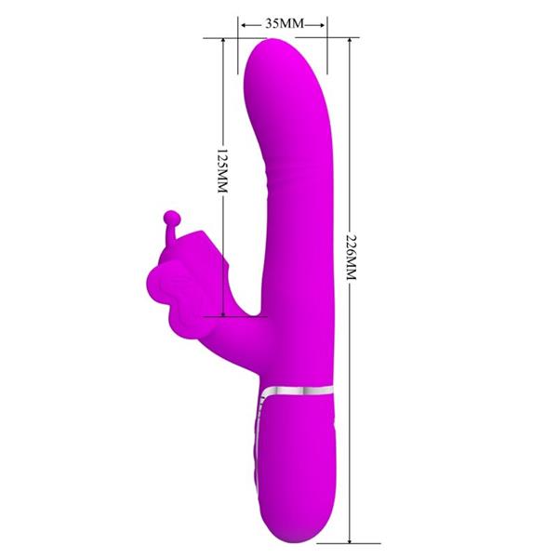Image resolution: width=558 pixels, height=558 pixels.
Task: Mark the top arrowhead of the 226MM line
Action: tap(351, 42)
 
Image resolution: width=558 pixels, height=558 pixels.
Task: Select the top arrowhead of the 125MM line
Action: tap(221, 42)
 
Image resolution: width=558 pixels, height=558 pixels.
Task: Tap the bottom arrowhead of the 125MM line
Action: tap(221, 312)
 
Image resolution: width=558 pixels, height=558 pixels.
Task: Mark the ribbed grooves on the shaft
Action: tap(283, 173)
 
